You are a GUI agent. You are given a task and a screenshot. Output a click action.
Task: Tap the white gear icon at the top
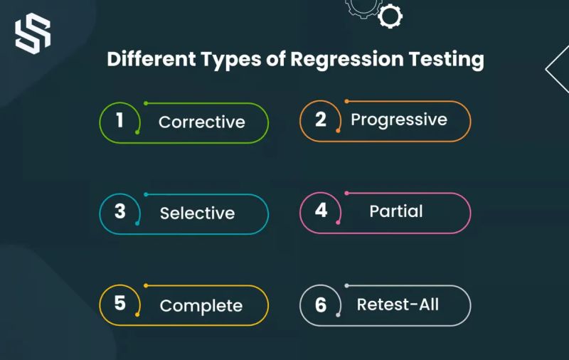tap(390, 15)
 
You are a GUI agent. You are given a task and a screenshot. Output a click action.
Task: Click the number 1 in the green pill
tap(119, 121)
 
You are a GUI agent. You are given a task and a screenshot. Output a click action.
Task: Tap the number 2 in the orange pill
tap(321, 120)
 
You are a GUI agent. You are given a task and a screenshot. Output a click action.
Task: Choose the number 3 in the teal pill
tap(119, 212)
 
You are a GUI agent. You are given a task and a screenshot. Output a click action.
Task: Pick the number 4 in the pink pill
tap(321, 211)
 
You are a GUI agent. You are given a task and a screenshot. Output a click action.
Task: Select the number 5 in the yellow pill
tap(119, 304)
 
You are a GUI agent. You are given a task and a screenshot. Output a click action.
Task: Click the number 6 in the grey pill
tap(321, 305)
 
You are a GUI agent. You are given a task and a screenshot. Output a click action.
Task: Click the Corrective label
tap(201, 122)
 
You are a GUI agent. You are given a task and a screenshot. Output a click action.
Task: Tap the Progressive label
tap(398, 119)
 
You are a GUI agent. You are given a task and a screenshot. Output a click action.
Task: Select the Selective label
tap(197, 213)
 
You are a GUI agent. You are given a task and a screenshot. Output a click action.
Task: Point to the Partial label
tap(396, 211)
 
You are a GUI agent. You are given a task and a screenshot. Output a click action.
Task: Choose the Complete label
tap(201, 306)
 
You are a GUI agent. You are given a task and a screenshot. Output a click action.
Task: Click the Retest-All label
tap(398, 305)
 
